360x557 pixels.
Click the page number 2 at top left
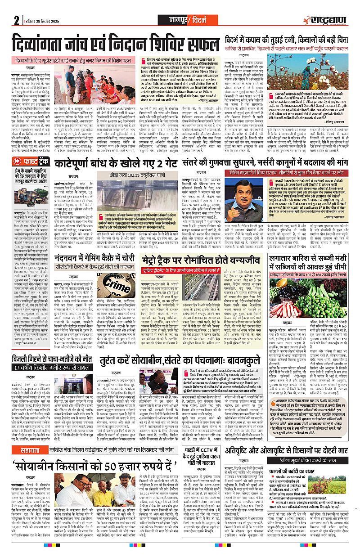point(16,21)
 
